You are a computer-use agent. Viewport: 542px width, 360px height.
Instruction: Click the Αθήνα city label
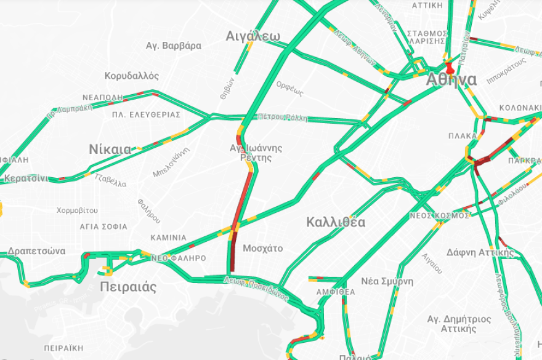pyautogui.click(x=451, y=81)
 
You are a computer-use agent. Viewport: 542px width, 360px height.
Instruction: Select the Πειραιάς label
pyautogui.click(x=128, y=287)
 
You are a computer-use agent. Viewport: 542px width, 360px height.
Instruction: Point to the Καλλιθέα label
pyautogui.click(x=336, y=222)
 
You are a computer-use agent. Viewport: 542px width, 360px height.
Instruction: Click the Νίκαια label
pyautogui.click(x=110, y=149)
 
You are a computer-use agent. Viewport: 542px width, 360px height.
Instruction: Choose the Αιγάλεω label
pyautogui.click(x=253, y=35)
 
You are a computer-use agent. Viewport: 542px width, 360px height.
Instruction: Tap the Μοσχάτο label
pyautogui.click(x=263, y=249)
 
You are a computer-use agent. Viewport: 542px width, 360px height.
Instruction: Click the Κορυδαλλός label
pyautogui.click(x=132, y=76)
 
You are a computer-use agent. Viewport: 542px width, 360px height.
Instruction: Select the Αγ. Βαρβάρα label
pyautogui.click(x=174, y=46)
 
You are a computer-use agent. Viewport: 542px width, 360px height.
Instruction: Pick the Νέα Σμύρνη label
pyautogui.click(x=387, y=281)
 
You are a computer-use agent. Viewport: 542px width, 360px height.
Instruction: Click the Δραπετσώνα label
pyautogui.click(x=37, y=251)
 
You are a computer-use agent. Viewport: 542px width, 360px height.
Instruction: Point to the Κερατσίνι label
pyautogui.click(x=25, y=178)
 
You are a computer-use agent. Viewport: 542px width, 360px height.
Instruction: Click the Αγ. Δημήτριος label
pyautogui.click(x=459, y=319)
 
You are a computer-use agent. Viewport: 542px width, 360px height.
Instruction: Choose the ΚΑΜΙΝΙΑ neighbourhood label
pyautogui.click(x=168, y=238)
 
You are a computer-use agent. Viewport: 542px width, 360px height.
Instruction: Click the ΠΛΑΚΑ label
pyautogui.click(x=463, y=135)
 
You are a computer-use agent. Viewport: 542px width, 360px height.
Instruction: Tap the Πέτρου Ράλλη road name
pyautogui.click(x=282, y=117)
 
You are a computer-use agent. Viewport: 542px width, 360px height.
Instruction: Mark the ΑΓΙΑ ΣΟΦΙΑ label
pyautogui.click(x=103, y=226)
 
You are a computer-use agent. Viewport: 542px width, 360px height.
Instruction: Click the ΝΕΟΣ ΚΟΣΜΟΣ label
pyautogui.click(x=439, y=215)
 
